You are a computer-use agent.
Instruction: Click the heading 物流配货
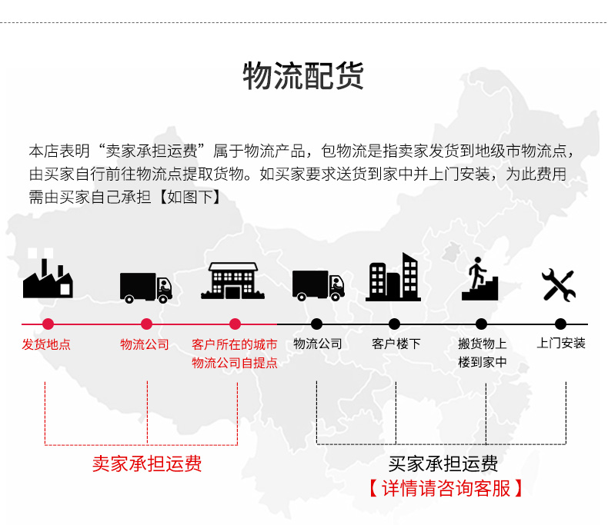pos(303,77)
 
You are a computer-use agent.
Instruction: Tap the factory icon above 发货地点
pos(48,278)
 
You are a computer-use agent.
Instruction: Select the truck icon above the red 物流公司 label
pos(146,287)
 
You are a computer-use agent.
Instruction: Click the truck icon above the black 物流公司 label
pos(318,284)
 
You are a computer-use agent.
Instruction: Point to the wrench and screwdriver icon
pos(559,284)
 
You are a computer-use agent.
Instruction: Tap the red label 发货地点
pos(46,344)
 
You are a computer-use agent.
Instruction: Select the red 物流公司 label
pos(145,344)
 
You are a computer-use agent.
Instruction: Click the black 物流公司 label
pos(318,344)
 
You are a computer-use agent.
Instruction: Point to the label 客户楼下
pos(396,344)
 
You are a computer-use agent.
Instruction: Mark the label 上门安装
pos(561,343)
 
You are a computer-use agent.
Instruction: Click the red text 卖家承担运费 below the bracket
pos(147,464)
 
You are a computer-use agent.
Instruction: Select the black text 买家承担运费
pos(443,464)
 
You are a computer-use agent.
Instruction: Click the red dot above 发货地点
pos(48,324)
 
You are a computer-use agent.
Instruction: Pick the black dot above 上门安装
pos(560,324)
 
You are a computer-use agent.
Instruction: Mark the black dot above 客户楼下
pos(395,324)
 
